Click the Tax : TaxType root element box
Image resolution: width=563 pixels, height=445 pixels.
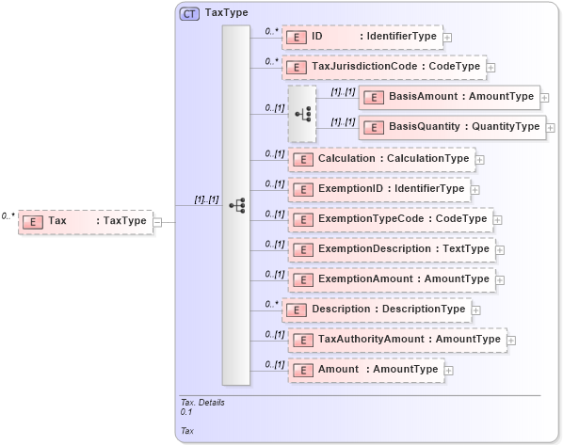85,221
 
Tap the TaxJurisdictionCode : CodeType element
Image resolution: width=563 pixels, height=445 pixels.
383,67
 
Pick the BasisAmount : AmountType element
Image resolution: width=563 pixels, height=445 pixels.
447,97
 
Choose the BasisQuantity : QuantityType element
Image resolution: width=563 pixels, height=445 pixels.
451,127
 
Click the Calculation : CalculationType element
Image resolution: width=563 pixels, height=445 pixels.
381,159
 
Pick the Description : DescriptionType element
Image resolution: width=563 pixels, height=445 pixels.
376,310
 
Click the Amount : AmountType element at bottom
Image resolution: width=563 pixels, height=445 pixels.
366,370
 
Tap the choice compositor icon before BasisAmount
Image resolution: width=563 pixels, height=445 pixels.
302,113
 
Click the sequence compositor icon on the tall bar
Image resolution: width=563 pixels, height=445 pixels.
236,205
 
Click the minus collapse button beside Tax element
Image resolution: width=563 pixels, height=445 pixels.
157,221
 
